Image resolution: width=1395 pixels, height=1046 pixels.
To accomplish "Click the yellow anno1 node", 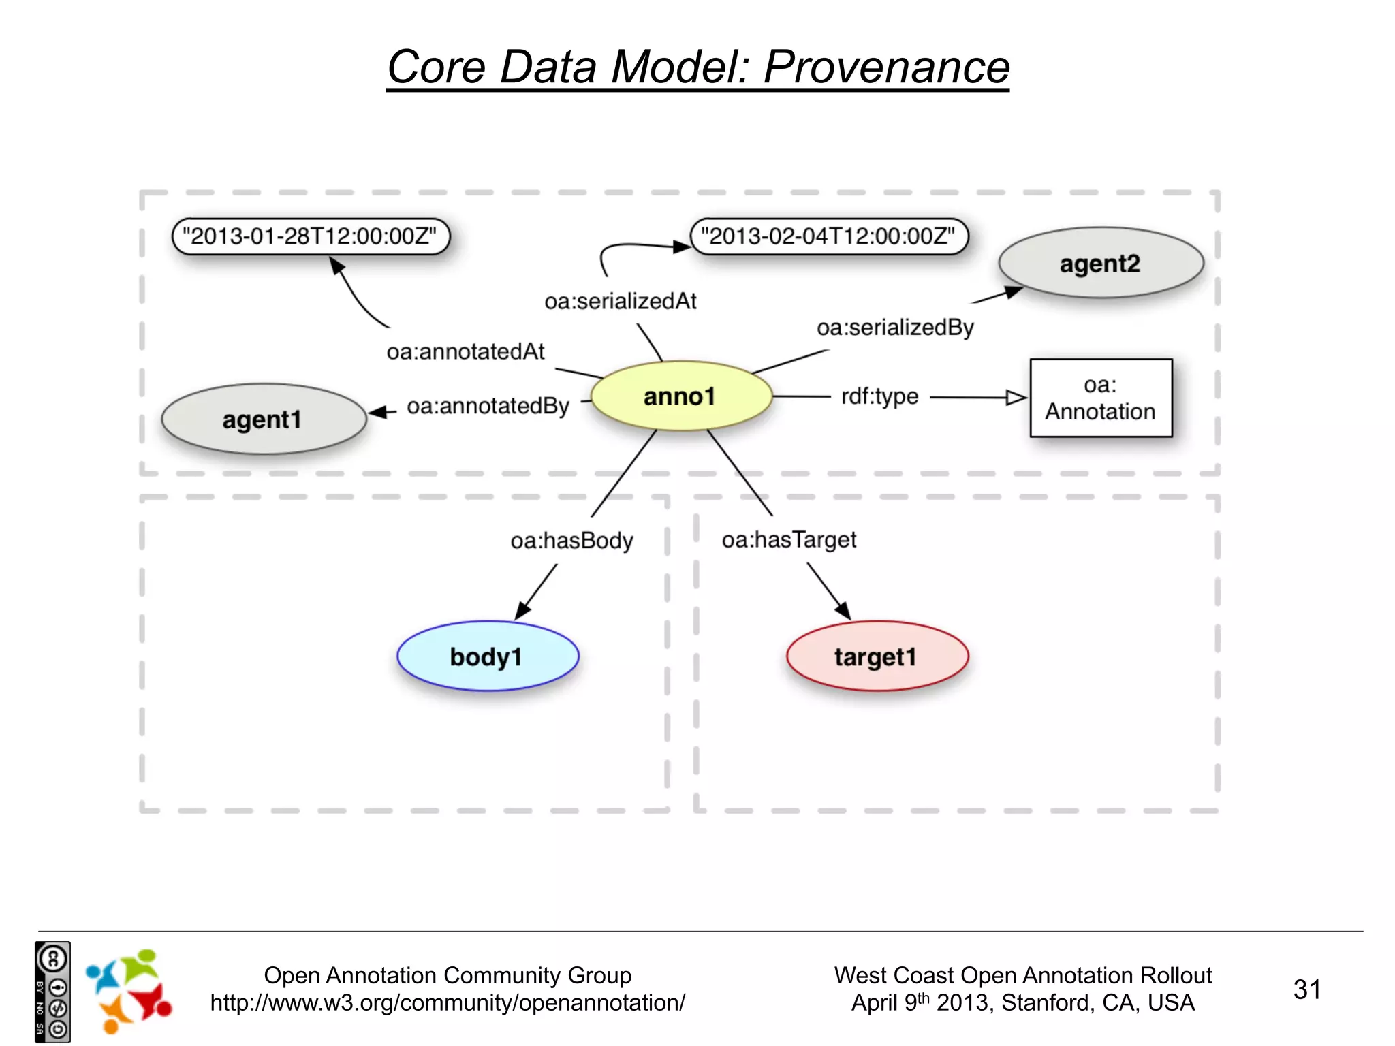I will pos(680,396).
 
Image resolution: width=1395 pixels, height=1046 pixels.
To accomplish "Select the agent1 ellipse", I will pos(264,419).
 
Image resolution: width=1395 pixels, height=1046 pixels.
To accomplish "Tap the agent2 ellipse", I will pos(1101,263).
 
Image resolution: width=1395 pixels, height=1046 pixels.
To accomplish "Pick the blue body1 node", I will pos(487,656).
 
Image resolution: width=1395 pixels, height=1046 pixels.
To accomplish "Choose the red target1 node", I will pos(877,656).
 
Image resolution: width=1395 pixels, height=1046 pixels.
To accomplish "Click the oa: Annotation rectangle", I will pos(1101,398).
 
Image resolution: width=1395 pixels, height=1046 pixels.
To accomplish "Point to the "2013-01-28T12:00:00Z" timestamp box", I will pos(311,236).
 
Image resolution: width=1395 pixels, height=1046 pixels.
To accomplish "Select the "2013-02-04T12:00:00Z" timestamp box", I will pos(829,236).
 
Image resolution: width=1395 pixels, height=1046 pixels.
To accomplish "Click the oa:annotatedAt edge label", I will pos(465,351).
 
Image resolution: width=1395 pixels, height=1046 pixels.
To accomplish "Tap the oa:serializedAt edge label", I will pos(620,301).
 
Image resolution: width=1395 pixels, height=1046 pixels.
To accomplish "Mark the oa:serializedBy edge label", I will pos(895,328).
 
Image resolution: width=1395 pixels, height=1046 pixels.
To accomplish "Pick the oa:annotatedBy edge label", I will pos(488,406).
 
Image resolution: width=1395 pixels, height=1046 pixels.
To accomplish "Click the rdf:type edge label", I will pos(879,396).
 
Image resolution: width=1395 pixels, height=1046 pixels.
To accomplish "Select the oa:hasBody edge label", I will pos(571,541).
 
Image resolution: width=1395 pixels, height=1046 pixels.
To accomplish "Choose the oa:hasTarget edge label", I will pos(789,540).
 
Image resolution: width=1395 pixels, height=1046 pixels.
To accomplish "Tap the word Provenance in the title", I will pos(886,67).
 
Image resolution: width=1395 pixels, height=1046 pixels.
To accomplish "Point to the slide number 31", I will pos(1306,989).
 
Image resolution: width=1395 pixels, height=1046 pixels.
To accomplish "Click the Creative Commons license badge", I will pos(52,992).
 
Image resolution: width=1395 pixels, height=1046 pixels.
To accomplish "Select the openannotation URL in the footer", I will pos(448,1003).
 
